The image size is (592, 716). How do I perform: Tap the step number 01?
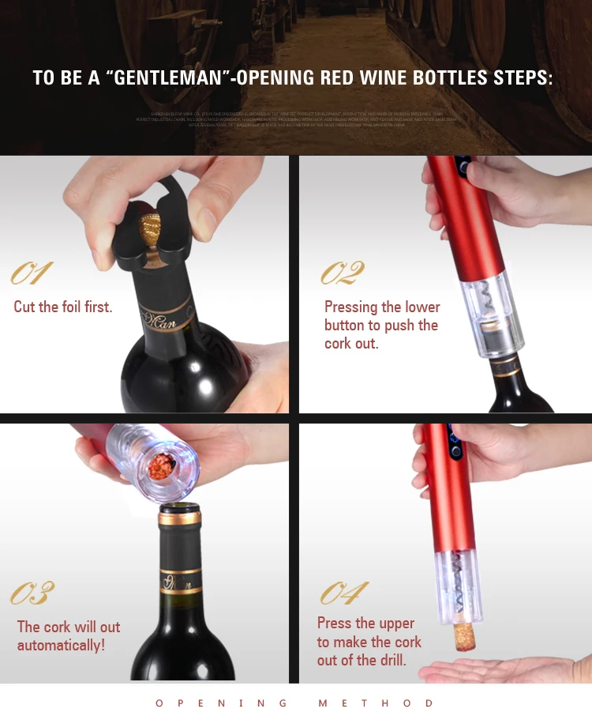tap(31, 273)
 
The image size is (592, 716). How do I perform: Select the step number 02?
tap(343, 273)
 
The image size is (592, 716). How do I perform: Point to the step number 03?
tap(32, 594)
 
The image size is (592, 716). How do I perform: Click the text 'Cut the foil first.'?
tap(63, 307)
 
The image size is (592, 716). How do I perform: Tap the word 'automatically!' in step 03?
tap(61, 645)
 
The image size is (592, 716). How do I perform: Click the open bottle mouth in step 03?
tap(179, 514)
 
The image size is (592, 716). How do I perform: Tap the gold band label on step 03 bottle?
tap(181, 585)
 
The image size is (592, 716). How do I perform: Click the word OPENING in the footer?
tap(221, 703)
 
